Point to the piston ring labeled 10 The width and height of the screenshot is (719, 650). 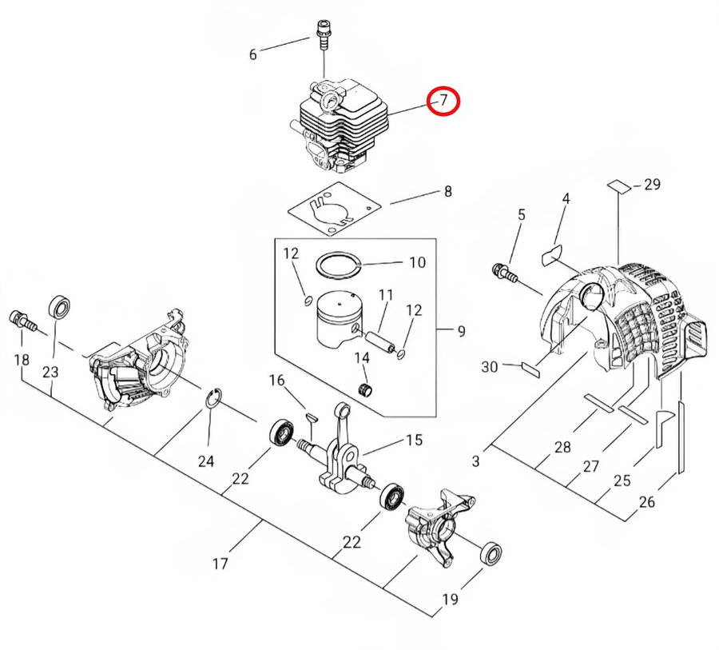(336, 264)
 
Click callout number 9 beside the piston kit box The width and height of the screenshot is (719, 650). (461, 330)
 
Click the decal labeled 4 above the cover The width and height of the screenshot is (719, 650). (551, 255)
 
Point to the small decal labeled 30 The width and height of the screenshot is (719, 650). (531, 367)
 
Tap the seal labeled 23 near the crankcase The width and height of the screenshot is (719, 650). (58, 306)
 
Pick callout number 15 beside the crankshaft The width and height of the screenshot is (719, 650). (413, 440)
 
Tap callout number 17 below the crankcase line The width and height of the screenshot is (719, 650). (221, 564)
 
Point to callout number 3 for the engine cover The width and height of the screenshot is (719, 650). (476, 461)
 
